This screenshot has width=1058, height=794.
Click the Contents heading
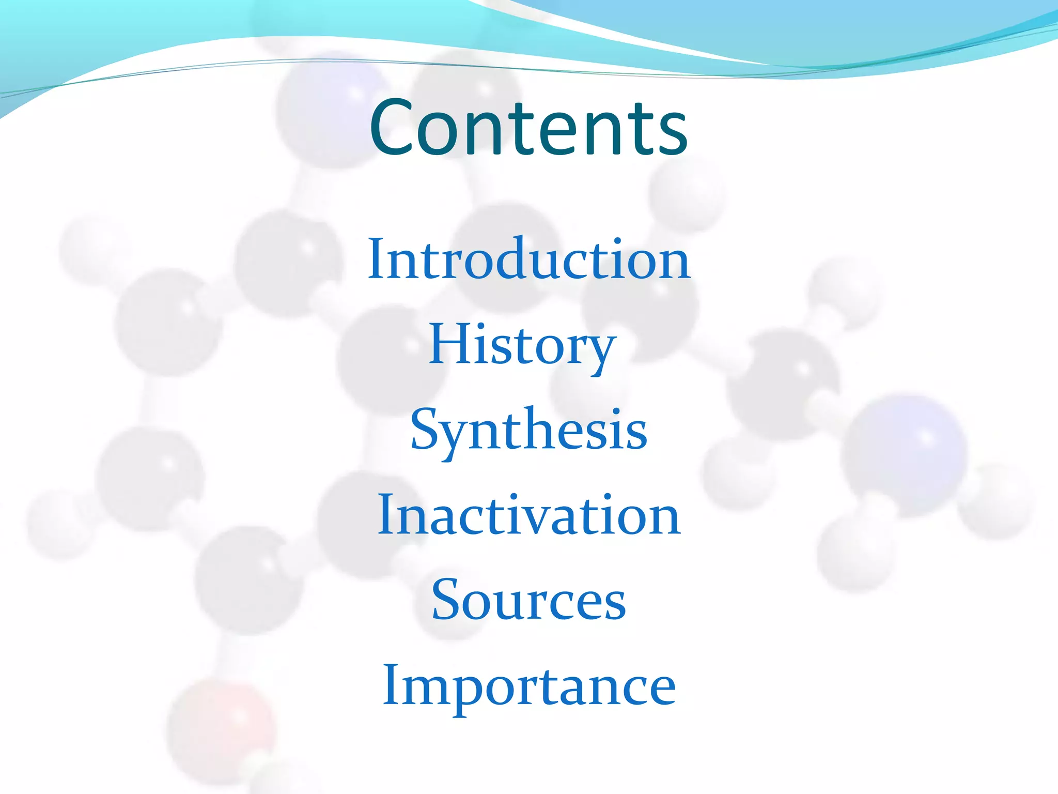[x=528, y=128]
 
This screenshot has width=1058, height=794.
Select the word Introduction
[x=528, y=259]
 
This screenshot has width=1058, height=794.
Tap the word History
[x=522, y=345]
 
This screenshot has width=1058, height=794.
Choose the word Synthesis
[x=528, y=431]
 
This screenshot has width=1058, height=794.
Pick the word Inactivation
[x=528, y=515]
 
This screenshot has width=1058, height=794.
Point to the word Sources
[x=528, y=601]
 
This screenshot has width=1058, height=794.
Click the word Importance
[x=528, y=686]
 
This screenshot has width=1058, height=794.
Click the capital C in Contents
[x=394, y=128]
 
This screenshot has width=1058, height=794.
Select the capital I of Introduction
[x=377, y=258]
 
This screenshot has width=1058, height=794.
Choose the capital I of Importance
[x=392, y=685]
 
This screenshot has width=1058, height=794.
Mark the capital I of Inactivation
[x=387, y=515]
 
